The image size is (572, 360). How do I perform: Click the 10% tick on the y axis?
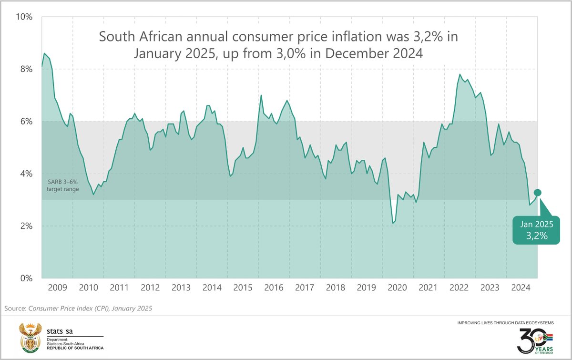pos(23,17)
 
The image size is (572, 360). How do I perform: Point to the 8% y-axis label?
pos(25,70)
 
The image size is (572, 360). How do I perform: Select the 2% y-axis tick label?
pos(25,226)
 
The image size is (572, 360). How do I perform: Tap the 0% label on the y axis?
pos(25,278)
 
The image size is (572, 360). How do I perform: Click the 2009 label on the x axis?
pos(57,288)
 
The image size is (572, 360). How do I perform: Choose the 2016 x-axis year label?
pos(274,288)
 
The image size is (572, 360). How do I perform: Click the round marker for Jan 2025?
pos(537,193)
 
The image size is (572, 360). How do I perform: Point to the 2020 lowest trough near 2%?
pos(393,223)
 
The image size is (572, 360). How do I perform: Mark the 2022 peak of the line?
pos(460,74)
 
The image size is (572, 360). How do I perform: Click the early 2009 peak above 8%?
pos(44,53)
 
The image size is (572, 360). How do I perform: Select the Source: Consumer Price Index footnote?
pos(78,309)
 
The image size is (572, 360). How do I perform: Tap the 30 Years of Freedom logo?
pos(534,340)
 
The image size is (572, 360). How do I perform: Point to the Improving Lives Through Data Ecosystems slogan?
pos(505,323)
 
